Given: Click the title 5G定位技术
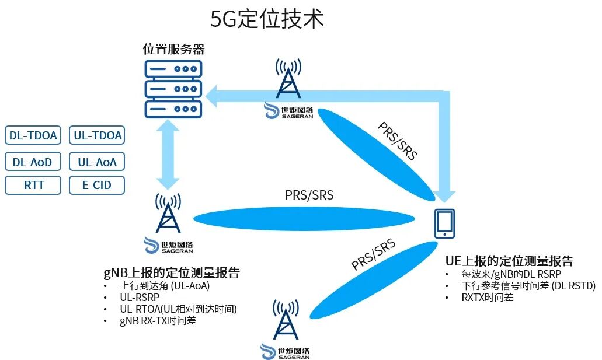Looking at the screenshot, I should (x=267, y=20).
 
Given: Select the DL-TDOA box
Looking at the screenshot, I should (x=33, y=136).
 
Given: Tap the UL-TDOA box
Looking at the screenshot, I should (x=98, y=136).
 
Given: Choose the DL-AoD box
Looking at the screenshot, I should (x=33, y=162).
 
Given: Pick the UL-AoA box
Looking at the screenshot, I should (x=98, y=162).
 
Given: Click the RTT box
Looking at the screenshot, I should (x=33, y=186).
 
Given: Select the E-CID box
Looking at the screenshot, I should (x=98, y=186).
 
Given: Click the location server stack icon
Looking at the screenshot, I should (x=173, y=88).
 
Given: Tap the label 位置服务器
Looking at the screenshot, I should (x=173, y=49).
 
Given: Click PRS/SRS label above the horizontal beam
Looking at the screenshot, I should (x=309, y=195).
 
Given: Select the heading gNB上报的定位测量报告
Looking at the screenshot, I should (x=172, y=273).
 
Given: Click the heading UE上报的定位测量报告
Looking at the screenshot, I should (x=509, y=260).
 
